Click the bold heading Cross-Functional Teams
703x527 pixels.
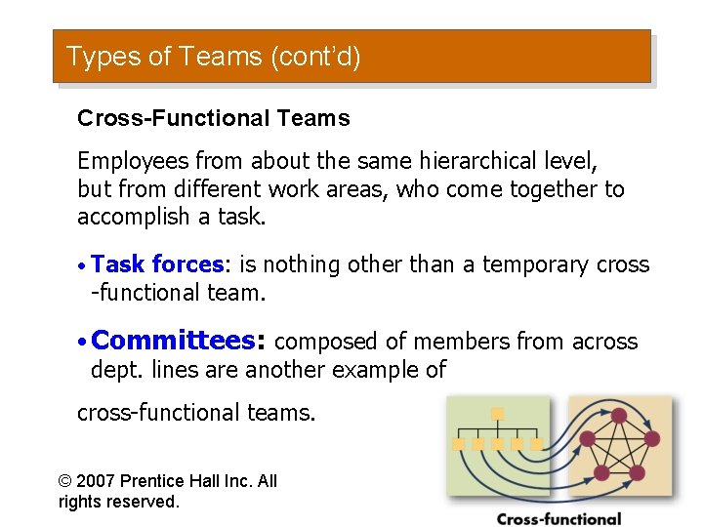[213, 119]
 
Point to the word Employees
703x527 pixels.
[132, 160]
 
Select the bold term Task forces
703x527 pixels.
[157, 264]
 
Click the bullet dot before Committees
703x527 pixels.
[83, 342]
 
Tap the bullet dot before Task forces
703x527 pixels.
[83, 265]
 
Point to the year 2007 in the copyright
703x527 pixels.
[97, 481]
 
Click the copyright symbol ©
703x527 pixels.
[65, 481]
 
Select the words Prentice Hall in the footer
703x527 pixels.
[178, 481]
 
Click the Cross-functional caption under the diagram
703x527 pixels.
[558, 518]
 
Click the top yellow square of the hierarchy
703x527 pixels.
[497, 414]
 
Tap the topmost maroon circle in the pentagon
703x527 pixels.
[618, 416]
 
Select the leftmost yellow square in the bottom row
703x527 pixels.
[459, 444]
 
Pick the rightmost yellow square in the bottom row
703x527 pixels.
[535, 444]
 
